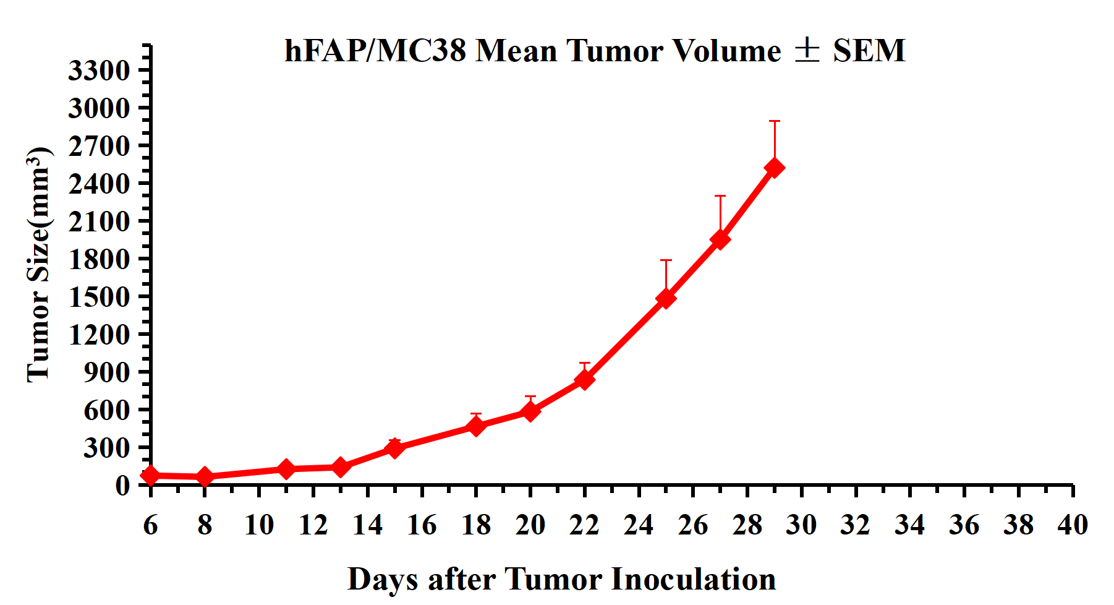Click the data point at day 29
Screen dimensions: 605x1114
pyautogui.click(x=774, y=168)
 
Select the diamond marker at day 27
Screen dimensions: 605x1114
pyautogui.click(x=720, y=239)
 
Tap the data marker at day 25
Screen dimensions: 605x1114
pyautogui.click(x=666, y=298)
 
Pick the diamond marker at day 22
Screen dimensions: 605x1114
pyautogui.click(x=584, y=379)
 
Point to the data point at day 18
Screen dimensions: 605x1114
pyautogui.click(x=476, y=426)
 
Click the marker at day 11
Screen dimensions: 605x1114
pyautogui.click(x=286, y=469)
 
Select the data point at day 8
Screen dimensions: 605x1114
pyautogui.click(x=205, y=476)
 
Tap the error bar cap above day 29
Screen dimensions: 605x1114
pyautogui.click(x=774, y=121)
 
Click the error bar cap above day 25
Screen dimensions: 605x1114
pyautogui.click(x=666, y=260)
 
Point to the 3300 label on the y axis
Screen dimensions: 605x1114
pyautogui.click(x=99, y=71)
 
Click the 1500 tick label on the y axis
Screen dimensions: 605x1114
pyautogui.click(x=99, y=297)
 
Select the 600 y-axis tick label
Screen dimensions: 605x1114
pyautogui.click(x=106, y=410)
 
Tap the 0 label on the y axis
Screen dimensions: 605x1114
pyautogui.click(x=122, y=486)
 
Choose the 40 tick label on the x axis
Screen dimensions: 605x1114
pyautogui.click(x=1073, y=525)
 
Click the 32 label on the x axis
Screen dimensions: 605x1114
pyautogui.click(x=856, y=525)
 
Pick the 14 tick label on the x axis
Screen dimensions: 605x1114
pyautogui.click(x=367, y=525)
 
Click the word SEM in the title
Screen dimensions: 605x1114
pyautogui.click(x=869, y=51)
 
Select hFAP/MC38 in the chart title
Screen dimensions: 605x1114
pyautogui.click(x=375, y=51)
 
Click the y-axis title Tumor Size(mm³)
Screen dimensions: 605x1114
pyautogui.click(x=38, y=265)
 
